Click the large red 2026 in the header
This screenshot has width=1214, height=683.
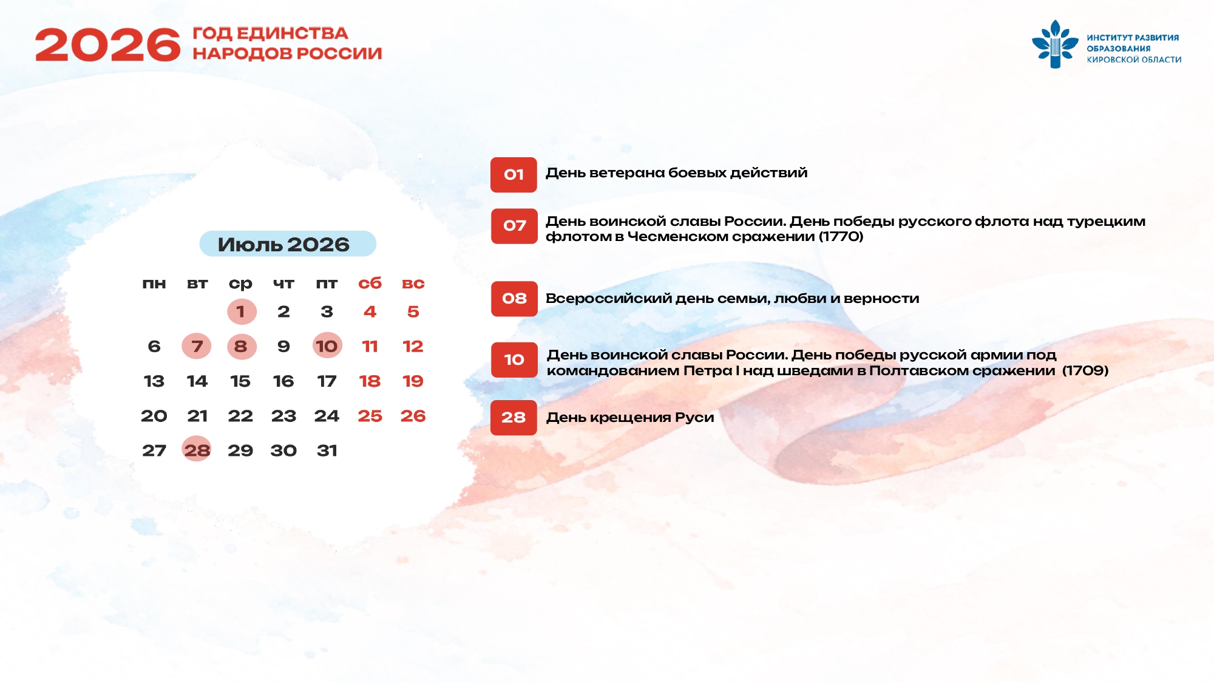pyautogui.click(x=108, y=44)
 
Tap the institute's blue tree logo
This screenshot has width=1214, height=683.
pyautogui.click(x=1055, y=44)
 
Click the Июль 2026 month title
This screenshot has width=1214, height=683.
pyautogui.click(x=283, y=244)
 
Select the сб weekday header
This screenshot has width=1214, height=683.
pyautogui.click(x=370, y=284)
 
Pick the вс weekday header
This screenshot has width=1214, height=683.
pyautogui.click(x=413, y=284)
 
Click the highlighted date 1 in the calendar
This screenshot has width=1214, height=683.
pyautogui.click(x=242, y=311)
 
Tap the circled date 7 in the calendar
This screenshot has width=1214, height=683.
pyautogui.click(x=197, y=346)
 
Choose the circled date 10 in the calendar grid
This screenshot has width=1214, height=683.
pyautogui.click(x=327, y=346)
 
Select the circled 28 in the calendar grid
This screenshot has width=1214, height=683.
pyautogui.click(x=197, y=450)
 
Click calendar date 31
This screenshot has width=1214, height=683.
pyautogui.click(x=327, y=450)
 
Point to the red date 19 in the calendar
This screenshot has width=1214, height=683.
pyautogui.click(x=413, y=381)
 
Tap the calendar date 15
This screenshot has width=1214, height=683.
pyautogui.click(x=240, y=381)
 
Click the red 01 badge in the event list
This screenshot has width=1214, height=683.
pyautogui.click(x=514, y=175)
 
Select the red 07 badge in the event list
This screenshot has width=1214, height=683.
pyautogui.click(x=514, y=226)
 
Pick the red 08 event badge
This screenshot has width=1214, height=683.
pyautogui.click(x=514, y=299)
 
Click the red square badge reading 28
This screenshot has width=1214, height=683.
pyautogui.click(x=514, y=418)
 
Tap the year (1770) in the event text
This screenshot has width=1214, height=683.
pyautogui.click(x=841, y=237)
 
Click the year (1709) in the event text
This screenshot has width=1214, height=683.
pyautogui.click(x=1085, y=370)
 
